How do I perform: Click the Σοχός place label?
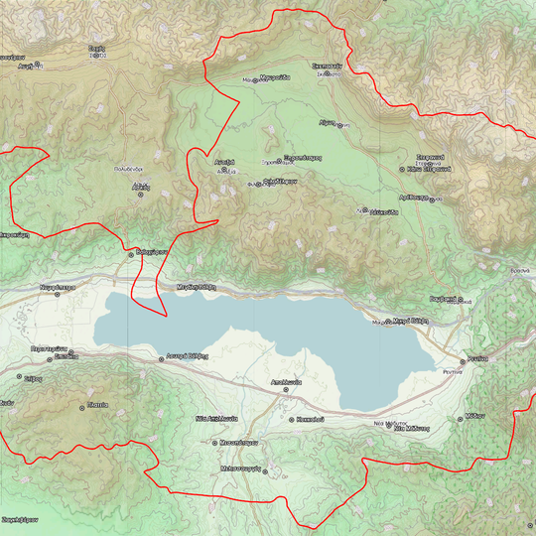(96, 48)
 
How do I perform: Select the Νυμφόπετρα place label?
(58, 286)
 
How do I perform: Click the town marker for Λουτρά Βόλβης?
(162, 359)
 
